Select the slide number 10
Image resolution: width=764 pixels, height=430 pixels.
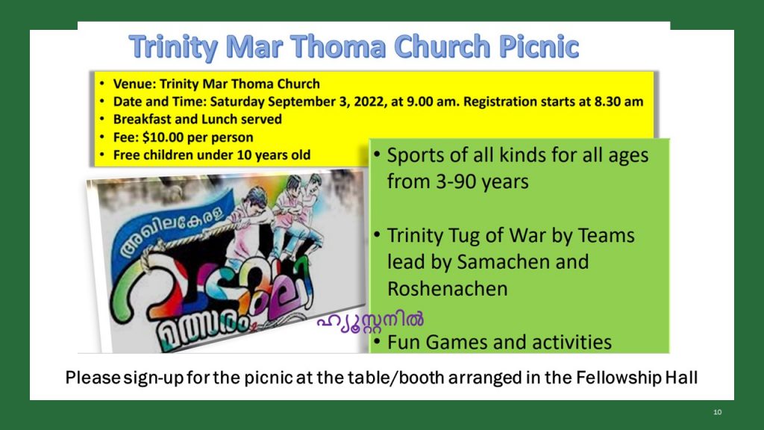point(718,412)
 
